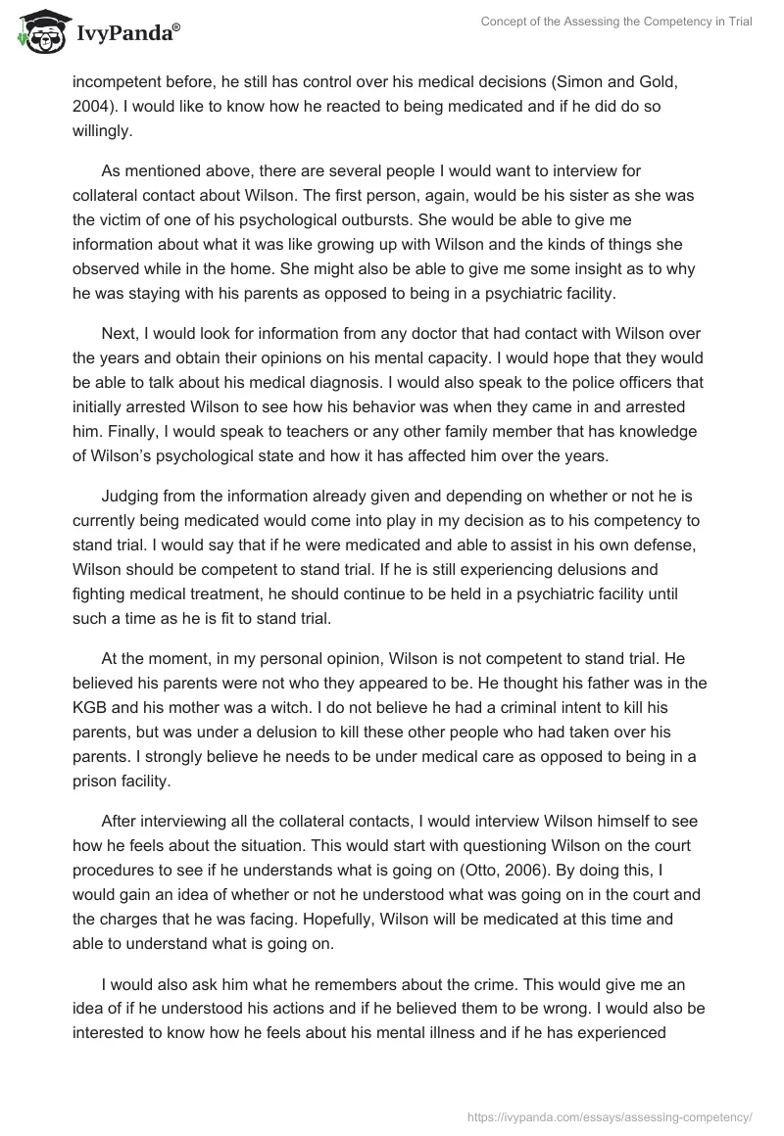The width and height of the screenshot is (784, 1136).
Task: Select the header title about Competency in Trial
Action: pyautogui.click(x=616, y=22)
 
